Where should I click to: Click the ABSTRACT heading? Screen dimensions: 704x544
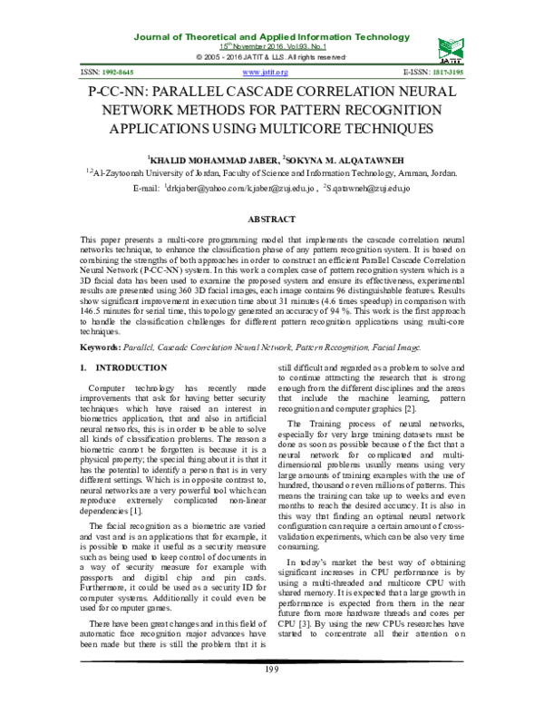click(x=271, y=220)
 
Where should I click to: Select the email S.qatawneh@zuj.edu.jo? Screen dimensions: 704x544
click(x=368, y=187)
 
